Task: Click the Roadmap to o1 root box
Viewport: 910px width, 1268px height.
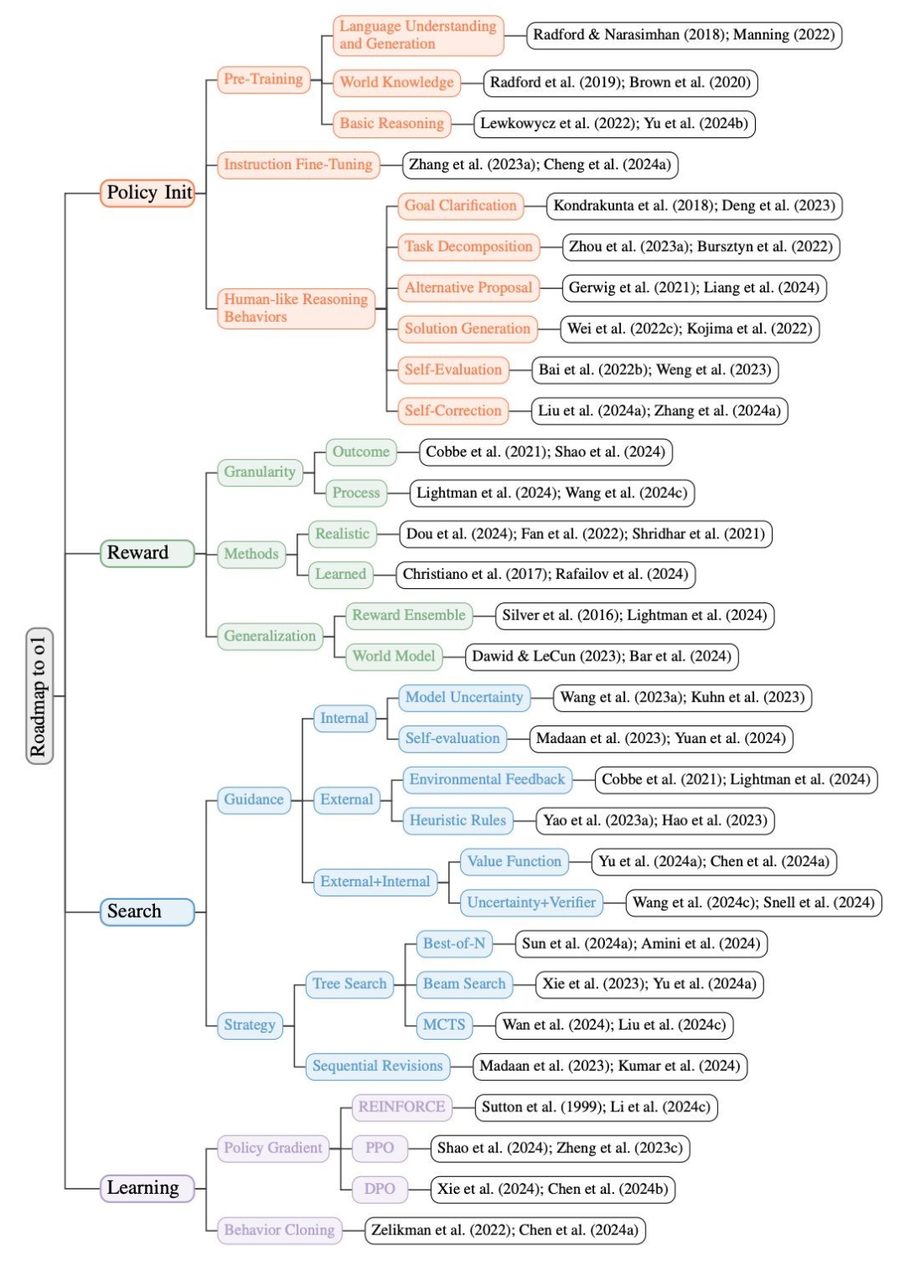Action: pyautogui.click(x=40, y=696)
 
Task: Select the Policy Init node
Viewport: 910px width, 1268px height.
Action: pyautogui.click(x=148, y=193)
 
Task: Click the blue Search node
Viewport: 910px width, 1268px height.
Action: pyautogui.click(x=147, y=912)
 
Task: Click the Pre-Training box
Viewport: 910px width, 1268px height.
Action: pyautogui.click(x=263, y=79)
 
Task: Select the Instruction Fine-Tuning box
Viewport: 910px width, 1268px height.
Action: pyautogui.click(x=297, y=164)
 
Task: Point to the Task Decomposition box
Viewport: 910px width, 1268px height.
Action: pyautogui.click(x=468, y=247)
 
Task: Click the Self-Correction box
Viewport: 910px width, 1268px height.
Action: pyautogui.click(x=452, y=411)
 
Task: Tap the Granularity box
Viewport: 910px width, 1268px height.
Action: pyautogui.click(x=260, y=472)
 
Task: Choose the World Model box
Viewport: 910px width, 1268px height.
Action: pyautogui.click(x=393, y=656)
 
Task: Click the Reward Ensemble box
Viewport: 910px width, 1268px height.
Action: pyautogui.click(x=409, y=615)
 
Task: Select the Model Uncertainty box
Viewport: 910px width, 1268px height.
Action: pyautogui.click(x=463, y=697)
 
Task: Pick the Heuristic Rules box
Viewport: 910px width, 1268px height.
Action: pyautogui.click(x=458, y=821)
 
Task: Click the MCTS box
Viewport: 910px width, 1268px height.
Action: pyautogui.click(x=443, y=1025)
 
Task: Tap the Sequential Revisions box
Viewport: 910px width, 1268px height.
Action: pyautogui.click(x=377, y=1066)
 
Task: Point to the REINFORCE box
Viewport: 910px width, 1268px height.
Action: pyautogui.click(x=401, y=1107)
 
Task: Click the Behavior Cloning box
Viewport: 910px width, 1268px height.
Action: pyautogui.click(x=279, y=1230)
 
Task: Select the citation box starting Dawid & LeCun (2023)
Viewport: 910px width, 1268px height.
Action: pyautogui.click(x=602, y=656)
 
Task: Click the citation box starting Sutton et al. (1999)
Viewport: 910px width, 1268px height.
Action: pyautogui.click(x=596, y=1107)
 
